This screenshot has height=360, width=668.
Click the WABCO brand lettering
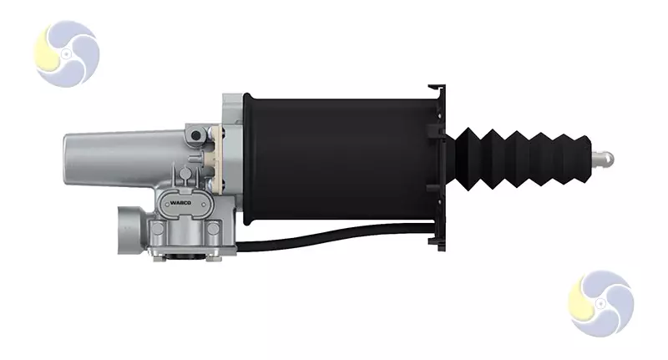click(180, 203)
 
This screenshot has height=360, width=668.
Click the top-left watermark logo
click(67, 53)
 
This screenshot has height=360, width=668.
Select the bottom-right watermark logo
click(600, 303)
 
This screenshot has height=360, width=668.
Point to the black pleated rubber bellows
click(519, 158)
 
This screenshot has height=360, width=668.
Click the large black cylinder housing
click(337, 159)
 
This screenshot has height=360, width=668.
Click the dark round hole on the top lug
click(195, 135)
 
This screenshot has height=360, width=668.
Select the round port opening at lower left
click(127, 230)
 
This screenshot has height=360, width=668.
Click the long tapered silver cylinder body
click(124, 159)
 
